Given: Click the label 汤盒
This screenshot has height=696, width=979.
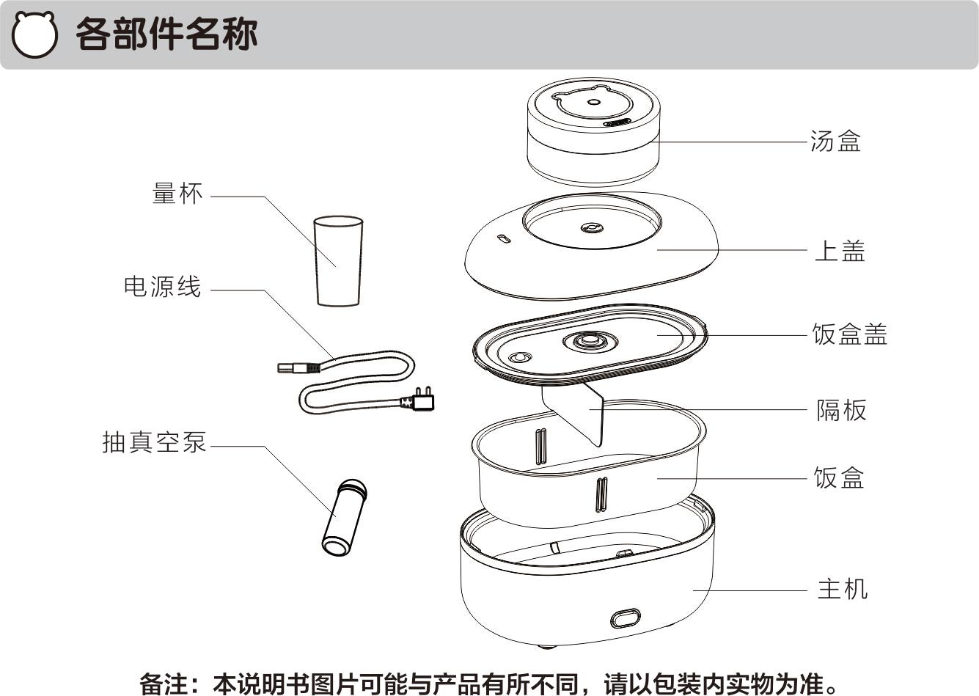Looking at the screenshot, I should click(x=835, y=141).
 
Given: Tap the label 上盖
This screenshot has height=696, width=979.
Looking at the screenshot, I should click(x=840, y=251).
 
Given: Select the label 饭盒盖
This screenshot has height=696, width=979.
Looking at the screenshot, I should click(x=849, y=334).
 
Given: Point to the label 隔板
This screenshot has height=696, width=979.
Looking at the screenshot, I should click(x=841, y=410).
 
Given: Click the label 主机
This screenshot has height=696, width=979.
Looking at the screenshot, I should click(x=842, y=589).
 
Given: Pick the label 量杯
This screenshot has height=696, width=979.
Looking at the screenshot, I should click(x=177, y=194).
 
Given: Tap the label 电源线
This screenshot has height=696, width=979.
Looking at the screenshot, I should click(x=162, y=286).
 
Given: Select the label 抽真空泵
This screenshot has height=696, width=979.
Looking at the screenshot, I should click(x=155, y=442).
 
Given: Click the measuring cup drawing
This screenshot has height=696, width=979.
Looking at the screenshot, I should click(x=338, y=260).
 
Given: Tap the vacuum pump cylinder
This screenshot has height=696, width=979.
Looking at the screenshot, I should click(x=344, y=517).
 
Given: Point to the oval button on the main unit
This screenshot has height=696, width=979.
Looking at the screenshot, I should click(x=626, y=618).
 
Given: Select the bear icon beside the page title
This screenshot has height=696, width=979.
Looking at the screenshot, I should click(x=34, y=35).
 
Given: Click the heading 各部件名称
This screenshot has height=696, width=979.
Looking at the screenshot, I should click(x=166, y=34).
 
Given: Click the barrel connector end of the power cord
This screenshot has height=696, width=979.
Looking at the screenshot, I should click(x=295, y=367).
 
